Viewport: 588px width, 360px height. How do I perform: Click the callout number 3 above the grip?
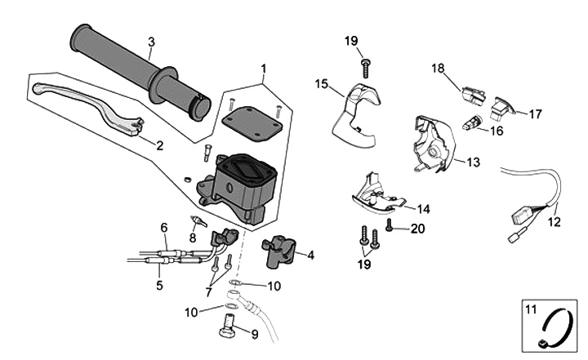coord(151,42)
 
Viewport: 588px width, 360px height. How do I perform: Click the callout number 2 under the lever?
coord(158,146)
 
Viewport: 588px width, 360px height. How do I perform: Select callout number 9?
coord(254,334)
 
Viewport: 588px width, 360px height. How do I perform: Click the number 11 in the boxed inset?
coord(529,309)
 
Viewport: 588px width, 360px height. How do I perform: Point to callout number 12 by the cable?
coord(554,220)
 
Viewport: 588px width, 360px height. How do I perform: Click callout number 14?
coord(423,208)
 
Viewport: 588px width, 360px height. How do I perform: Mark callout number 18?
coord(438,68)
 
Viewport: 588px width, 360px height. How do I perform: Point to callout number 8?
coord(193,238)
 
